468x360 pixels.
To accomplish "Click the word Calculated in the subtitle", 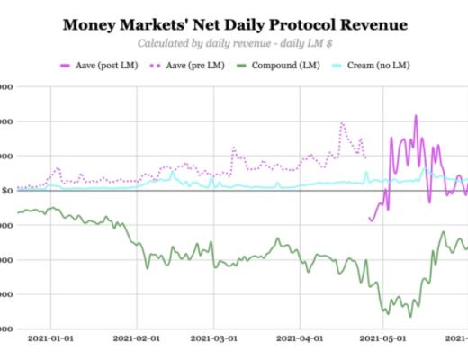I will point(167,43).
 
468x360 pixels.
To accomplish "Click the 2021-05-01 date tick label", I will point(383,339).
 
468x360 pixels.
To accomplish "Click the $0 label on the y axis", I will point(6,191).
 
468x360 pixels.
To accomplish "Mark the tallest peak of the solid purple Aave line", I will point(416,115).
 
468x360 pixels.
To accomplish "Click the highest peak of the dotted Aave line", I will point(342,123).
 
